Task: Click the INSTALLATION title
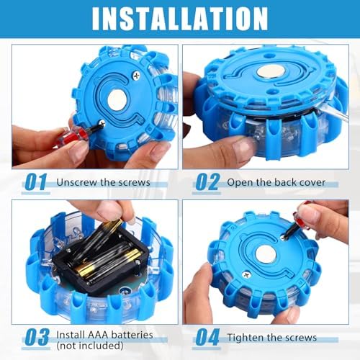pos(180,19)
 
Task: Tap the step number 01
pos(36,182)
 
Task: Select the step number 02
pos(207,182)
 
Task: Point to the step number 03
pos(37,337)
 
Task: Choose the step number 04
pos(207,337)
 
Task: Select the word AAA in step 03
pos(98,335)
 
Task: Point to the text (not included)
pos(90,346)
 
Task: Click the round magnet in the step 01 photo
pos(117,100)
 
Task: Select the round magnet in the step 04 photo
pos(266,255)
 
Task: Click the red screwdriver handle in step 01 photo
pos(72,137)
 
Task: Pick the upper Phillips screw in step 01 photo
pos(137,76)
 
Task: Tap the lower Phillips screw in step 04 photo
pos(246,275)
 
